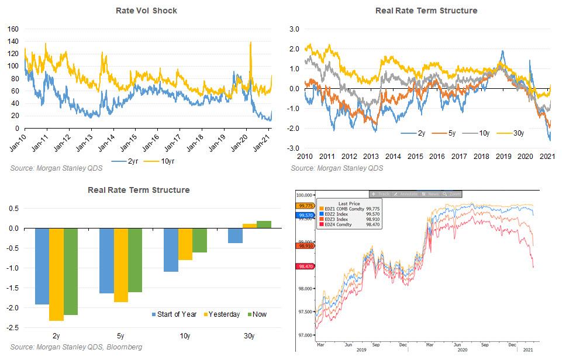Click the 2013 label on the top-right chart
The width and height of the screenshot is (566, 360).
pos(371,157)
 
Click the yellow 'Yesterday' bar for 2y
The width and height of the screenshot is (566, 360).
pos(56,274)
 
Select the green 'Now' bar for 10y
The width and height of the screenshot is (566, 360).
pos(199,240)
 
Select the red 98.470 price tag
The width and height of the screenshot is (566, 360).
pos(305,266)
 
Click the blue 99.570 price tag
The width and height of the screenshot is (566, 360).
pos(305,215)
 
